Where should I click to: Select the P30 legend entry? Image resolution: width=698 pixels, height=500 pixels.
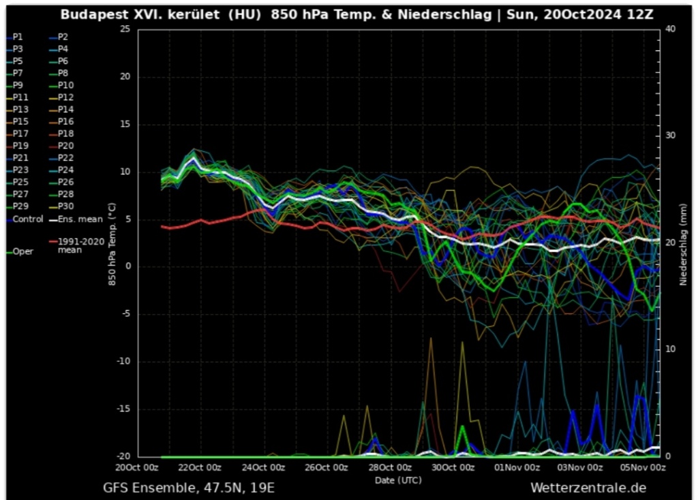click(x=65, y=206)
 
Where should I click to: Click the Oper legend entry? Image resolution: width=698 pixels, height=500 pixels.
click(x=22, y=251)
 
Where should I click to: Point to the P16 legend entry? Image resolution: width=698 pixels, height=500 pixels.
click(x=65, y=121)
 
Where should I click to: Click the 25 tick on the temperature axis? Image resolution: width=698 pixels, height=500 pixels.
click(x=124, y=29)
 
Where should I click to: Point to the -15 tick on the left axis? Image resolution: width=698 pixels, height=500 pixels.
click(x=123, y=409)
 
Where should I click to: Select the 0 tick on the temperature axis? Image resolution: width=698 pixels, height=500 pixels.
click(x=127, y=266)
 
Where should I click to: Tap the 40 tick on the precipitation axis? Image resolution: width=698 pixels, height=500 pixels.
click(x=669, y=29)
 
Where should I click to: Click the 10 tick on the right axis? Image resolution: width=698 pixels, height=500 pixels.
click(x=669, y=349)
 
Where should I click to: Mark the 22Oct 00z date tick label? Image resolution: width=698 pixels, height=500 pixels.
click(x=200, y=468)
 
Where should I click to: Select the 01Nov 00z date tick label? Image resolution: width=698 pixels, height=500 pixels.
click(x=517, y=468)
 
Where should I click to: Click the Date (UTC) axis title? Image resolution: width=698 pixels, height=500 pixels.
click(x=398, y=480)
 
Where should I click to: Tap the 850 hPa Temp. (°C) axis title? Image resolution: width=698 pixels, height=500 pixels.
click(x=112, y=244)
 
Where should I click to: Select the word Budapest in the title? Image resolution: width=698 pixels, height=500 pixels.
click(x=92, y=14)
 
